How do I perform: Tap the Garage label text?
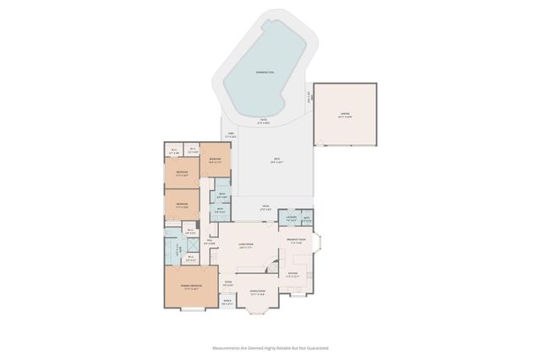[x=345, y=113]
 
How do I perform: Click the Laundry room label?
[x=291, y=218]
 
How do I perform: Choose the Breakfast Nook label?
[x=297, y=242]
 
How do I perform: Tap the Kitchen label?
[x=292, y=274]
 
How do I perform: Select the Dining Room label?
[x=257, y=292]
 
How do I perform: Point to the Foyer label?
[x=228, y=284]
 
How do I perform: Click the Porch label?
[x=227, y=302]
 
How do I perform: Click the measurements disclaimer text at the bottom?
[x=270, y=347]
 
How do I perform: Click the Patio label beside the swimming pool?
[x=264, y=120]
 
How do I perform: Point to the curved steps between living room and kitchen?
[x=272, y=267]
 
